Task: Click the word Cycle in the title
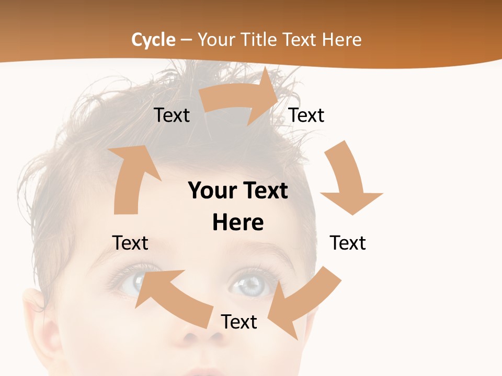pyautogui.click(x=153, y=40)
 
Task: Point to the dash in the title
pyautogui.click(x=186, y=40)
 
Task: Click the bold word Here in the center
pyautogui.click(x=238, y=222)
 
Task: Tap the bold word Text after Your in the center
pyautogui.click(x=264, y=191)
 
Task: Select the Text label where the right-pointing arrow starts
pyautogui.click(x=172, y=115)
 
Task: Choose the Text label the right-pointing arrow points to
pyautogui.click(x=306, y=115)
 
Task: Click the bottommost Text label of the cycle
pyautogui.click(x=239, y=322)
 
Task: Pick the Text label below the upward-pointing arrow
pyautogui.click(x=130, y=243)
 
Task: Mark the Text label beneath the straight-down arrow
pyautogui.click(x=348, y=243)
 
